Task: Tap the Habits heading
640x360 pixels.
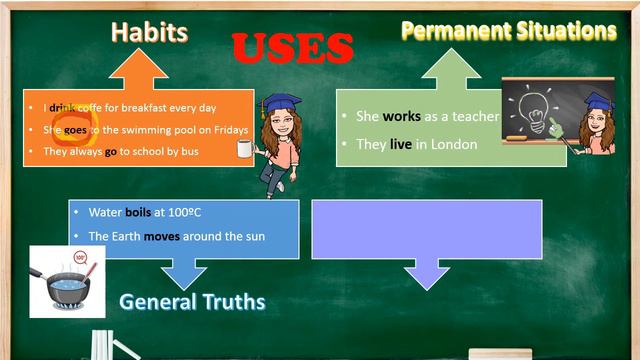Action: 149,32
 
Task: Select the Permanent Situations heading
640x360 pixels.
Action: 508,31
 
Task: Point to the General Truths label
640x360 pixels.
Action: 192,301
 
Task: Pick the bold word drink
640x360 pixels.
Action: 63,107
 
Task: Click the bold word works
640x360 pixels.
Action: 401,117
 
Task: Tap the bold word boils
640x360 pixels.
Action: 138,212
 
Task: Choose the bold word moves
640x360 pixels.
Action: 163,236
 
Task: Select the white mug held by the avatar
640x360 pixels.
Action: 243,149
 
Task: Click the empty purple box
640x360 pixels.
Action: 427,229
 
